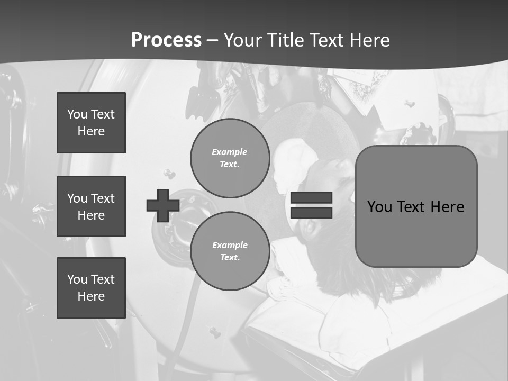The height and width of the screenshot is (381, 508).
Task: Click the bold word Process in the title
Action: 166,40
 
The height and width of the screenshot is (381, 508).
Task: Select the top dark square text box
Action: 91,123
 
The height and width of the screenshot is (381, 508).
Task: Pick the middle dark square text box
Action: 91,206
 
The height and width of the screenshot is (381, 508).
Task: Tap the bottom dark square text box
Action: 91,288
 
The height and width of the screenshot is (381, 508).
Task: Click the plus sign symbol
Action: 163,205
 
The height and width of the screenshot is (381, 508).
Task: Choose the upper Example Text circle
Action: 230,158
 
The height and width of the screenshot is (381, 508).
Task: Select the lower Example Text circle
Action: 230,251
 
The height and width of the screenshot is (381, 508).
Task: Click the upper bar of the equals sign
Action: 311,197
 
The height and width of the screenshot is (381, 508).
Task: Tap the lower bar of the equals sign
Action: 311,213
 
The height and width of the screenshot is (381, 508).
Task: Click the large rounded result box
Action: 416,206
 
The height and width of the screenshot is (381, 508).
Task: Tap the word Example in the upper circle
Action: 230,152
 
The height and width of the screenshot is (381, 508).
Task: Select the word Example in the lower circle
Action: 230,245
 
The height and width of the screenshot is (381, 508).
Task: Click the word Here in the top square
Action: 91,131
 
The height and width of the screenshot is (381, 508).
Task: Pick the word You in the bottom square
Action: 77,279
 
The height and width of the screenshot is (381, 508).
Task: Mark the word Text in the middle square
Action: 103,198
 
